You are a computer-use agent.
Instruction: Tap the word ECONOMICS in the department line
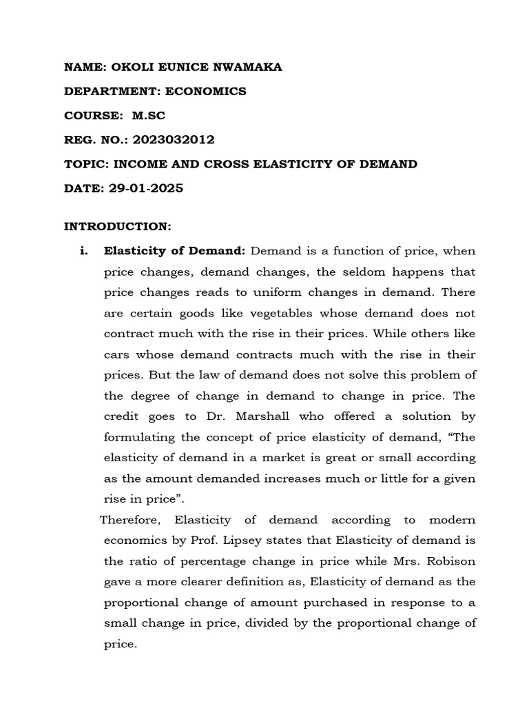[205, 91]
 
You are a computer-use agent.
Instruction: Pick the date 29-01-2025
[146, 188]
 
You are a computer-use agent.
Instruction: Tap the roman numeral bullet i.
[85, 251]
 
